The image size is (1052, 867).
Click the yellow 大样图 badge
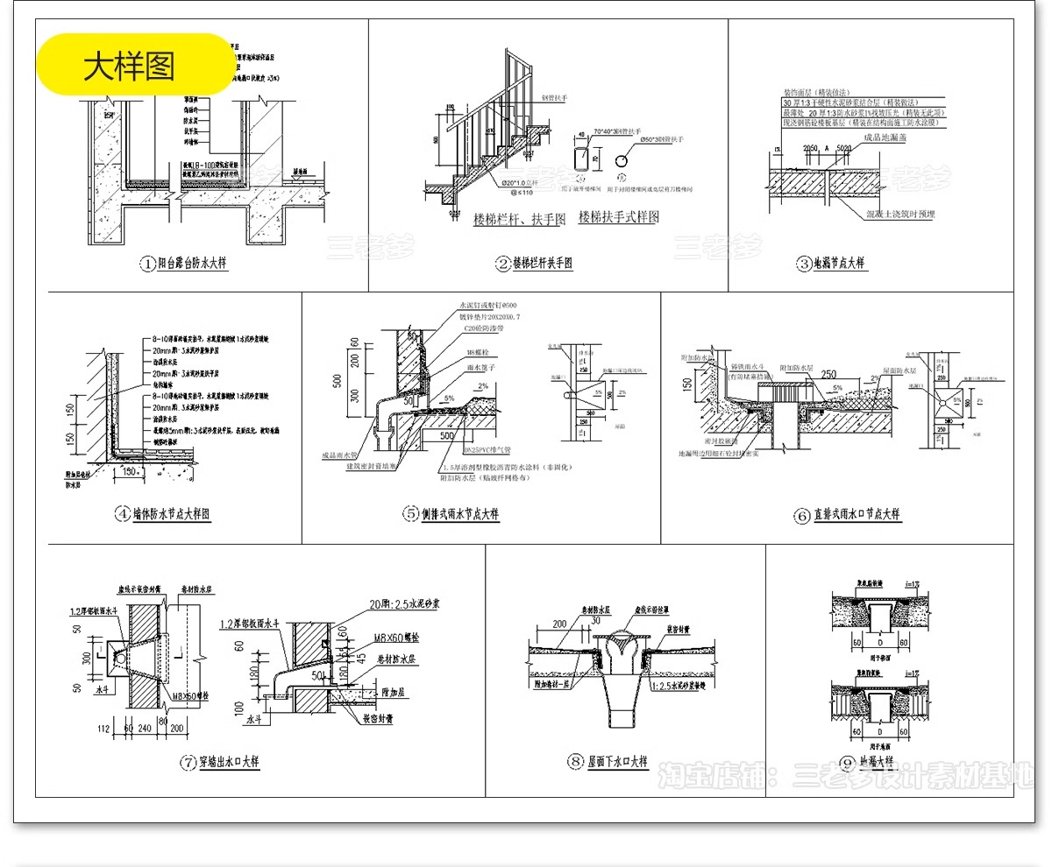133,65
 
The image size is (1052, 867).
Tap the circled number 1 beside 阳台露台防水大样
148,263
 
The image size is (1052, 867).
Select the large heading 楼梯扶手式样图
618,217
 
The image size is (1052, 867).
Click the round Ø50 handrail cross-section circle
622,162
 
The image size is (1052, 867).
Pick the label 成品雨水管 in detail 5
339,455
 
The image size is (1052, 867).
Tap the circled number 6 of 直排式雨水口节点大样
801,516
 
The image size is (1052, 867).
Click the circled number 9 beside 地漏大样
847,762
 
